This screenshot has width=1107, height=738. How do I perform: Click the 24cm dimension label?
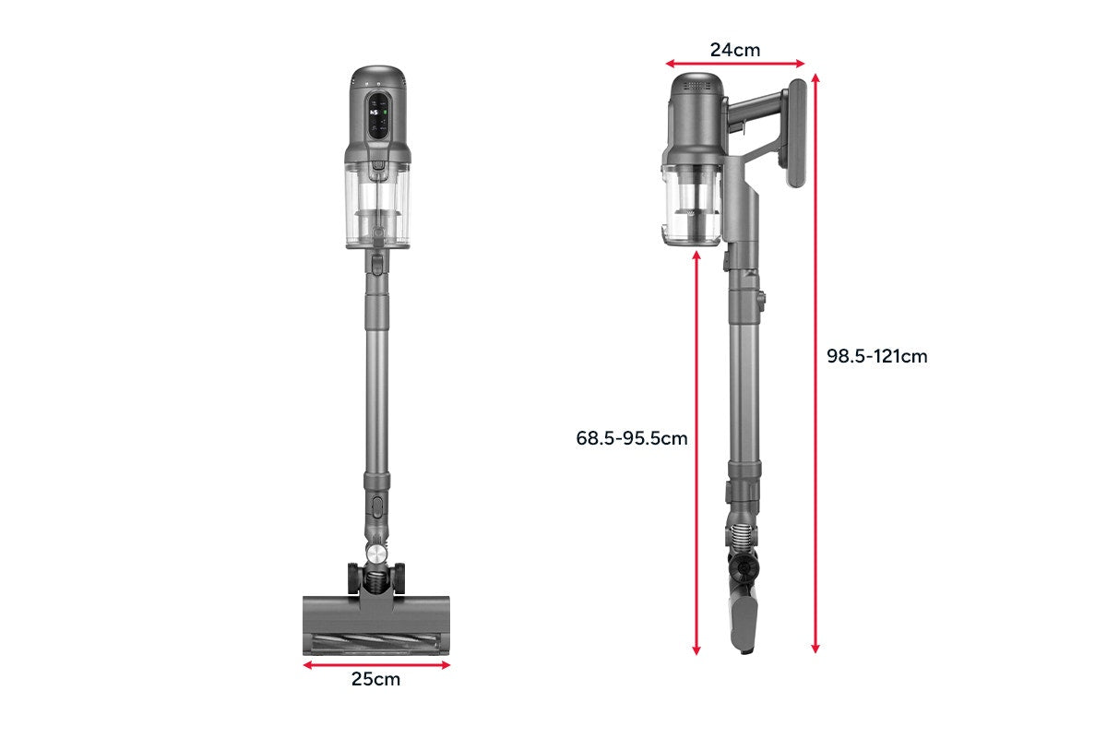(x=735, y=50)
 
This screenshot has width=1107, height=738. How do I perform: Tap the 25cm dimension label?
(x=375, y=679)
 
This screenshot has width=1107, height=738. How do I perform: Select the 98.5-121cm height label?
(x=876, y=356)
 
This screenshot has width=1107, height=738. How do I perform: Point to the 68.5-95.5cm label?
(x=632, y=438)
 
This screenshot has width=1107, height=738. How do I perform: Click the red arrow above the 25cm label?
(x=376, y=665)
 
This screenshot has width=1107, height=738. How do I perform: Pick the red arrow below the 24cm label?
(x=735, y=64)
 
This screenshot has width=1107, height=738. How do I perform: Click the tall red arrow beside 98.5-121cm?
(x=815, y=363)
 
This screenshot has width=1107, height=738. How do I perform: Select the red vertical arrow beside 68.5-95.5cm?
(x=696, y=453)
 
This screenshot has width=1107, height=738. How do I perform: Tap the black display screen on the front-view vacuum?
(x=378, y=116)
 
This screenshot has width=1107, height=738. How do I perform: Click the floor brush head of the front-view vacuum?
(x=376, y=625)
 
